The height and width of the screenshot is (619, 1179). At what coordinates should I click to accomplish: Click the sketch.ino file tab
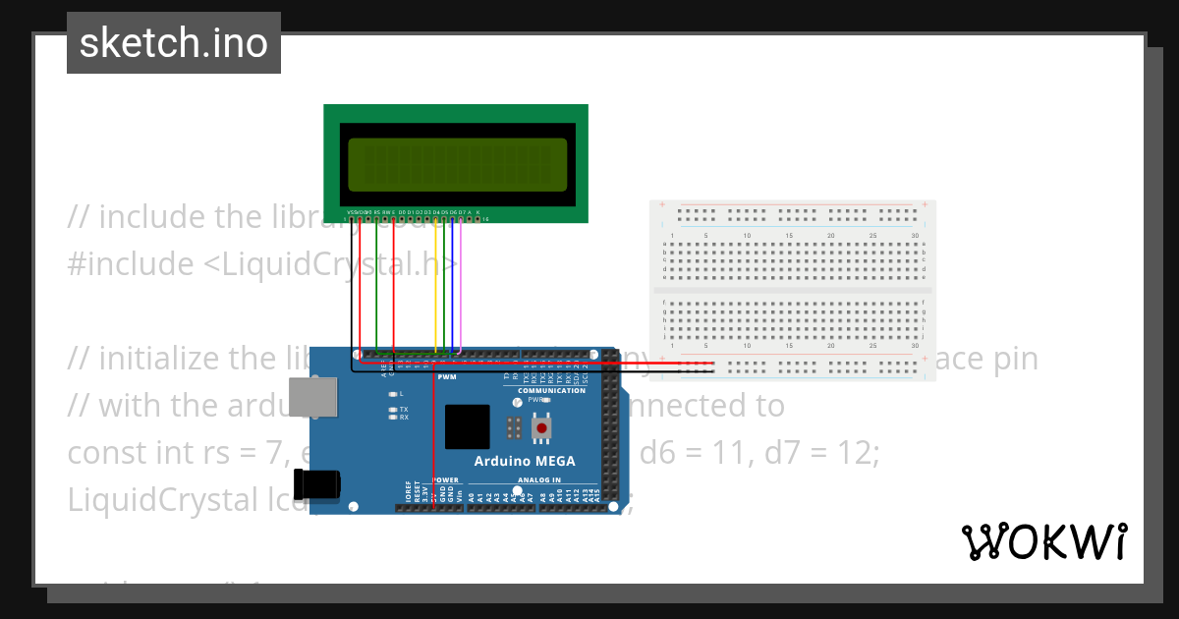pos(173,43)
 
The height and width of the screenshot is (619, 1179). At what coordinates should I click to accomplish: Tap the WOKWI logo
pos(1043,541)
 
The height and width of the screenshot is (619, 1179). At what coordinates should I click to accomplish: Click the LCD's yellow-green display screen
pos(457,164)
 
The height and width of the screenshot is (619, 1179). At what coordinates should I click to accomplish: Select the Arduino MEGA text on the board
pos(525,461)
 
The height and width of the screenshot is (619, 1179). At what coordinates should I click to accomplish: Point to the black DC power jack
pos(322,483)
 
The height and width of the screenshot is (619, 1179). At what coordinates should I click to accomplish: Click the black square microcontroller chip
pos(466,427)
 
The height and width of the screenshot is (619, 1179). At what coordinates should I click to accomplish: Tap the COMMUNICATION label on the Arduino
pos(551,390)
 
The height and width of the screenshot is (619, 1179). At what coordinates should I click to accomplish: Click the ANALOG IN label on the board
pos(539,480)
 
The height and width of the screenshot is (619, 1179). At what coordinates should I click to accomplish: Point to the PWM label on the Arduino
pos(447,377)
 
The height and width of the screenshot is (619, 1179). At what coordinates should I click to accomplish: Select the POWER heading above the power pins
pos(445,480)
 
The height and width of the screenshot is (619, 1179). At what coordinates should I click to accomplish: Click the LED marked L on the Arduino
pos(392,393)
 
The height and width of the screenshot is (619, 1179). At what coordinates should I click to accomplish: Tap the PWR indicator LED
pos(546,400)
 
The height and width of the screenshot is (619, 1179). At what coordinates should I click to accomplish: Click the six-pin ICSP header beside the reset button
pos(512,427)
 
